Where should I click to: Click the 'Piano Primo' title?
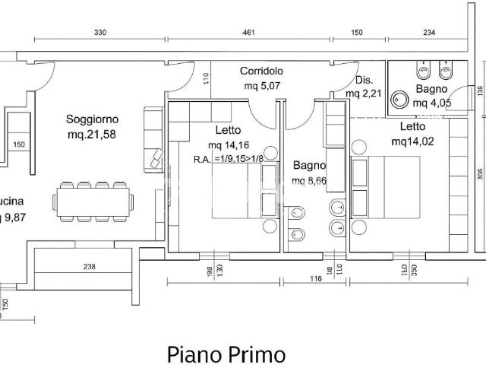point(226,354)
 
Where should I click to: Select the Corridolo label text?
point(262,71)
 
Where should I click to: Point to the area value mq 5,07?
point(262,85)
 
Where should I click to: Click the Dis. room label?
point(364,80)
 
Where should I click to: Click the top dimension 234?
point(429,32)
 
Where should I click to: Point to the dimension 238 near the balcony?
point(90,267)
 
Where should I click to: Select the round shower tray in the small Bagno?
point(399,99)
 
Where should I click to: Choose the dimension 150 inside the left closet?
point(19,145)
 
